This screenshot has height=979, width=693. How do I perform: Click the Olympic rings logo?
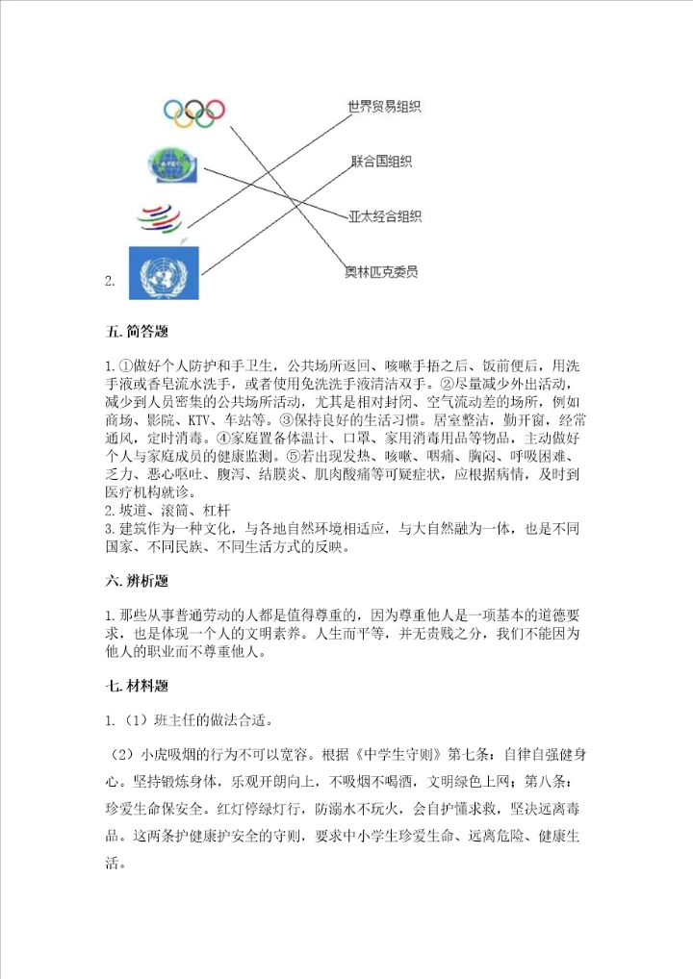[x=193, y=113]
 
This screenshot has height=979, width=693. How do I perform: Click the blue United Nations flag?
[x=164, y=270]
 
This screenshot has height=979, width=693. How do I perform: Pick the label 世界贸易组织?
[x=384, y=107]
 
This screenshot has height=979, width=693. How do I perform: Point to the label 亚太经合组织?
[x=384, y=216]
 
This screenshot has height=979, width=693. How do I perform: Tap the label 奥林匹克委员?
[x=381, y=271]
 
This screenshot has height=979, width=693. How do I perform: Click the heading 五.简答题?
[x=137, y=333]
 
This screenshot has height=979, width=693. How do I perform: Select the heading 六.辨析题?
[x=137, y=581]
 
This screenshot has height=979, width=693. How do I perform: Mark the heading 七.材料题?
[x=137, y=687]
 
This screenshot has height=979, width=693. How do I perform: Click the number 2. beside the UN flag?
[x=111, y=282]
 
